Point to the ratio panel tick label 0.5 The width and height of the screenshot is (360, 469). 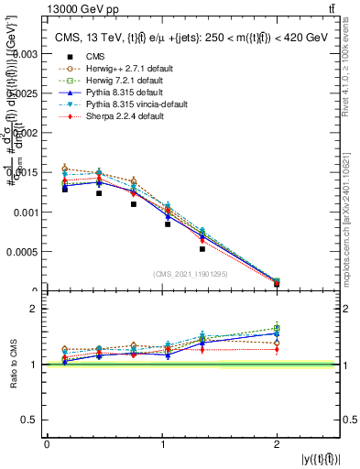click(x=33, y=420)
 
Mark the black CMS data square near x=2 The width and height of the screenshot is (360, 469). click(x=277, y=284)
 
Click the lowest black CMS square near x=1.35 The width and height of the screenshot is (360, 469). click(x=202, y=249)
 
